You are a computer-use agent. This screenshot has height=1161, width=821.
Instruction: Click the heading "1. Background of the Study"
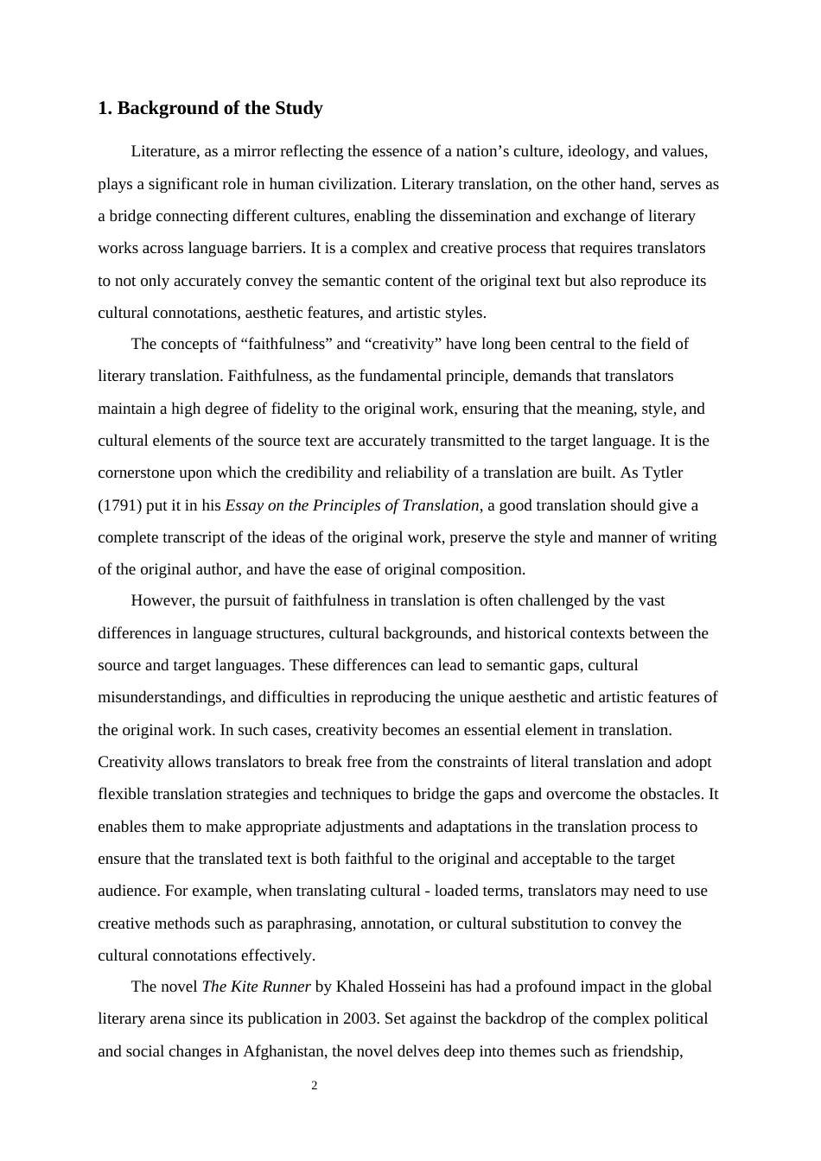point(210,108)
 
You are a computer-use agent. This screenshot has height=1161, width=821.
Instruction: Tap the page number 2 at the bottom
point(315,1086)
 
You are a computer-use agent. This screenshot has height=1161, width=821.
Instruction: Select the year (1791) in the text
point(118,505)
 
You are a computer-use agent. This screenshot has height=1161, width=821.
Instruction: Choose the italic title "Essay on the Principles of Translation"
point(352,505)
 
